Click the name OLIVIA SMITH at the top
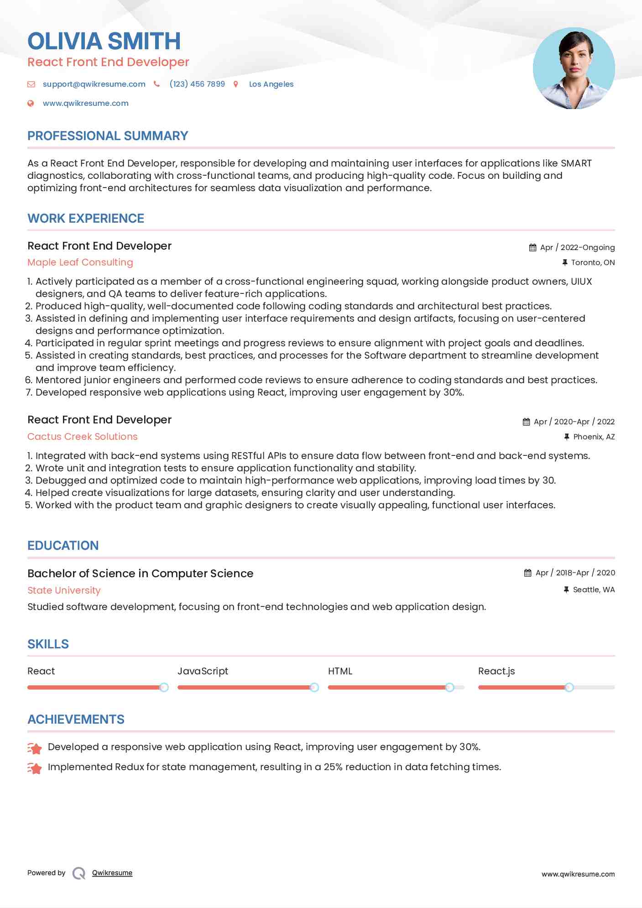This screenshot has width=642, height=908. [104, 41]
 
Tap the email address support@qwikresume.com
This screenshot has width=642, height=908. [94, 84]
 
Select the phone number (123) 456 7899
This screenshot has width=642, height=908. [197, 84]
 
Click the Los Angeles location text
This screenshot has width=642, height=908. [271, 84]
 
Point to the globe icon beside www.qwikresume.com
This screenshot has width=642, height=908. [31, 103]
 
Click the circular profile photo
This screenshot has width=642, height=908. [574, 68]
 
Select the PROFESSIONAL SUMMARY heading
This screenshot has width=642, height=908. [108, 136]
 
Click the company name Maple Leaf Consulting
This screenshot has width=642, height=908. [80, 262]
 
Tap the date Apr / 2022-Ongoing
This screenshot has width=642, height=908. [577, 247]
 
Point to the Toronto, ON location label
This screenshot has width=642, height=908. [593, 262]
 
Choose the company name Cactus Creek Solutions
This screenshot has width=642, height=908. [83, 437]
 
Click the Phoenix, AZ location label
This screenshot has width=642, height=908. [594, 437]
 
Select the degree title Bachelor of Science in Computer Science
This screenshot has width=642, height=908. [140, 574]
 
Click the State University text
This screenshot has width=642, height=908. [64, 590]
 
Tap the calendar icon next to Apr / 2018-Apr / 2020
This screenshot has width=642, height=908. [527, 573]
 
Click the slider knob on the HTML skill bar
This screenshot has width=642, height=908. [449, 687]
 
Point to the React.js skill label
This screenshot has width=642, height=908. [496, 671]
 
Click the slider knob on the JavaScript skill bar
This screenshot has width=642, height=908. [314, 687]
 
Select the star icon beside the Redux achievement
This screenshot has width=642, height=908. [35, 768]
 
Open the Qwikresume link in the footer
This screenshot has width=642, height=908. [112, 873]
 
